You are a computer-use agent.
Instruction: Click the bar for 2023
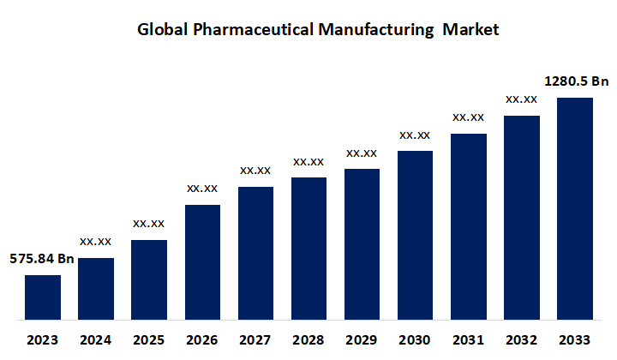coord(43,297)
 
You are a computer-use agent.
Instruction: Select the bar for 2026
coord(202,262)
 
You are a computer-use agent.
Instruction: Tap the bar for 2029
coord(362,244)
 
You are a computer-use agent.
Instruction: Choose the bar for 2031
coord(469,226)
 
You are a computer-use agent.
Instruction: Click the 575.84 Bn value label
coord(42,258)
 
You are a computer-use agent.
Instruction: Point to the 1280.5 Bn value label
coord(577,81)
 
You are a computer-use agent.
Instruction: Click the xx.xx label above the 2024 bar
coord(96,241)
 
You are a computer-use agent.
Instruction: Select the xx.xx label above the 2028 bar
coord(308,161)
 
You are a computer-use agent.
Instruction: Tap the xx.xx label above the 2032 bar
coord(522,99)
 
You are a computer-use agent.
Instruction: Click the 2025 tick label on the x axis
coord(149,339)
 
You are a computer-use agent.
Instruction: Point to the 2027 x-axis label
coord(255,339)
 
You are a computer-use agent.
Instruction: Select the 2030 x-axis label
coord(415,339)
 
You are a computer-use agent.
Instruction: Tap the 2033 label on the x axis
coord(575,339)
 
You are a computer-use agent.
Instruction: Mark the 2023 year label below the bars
coord(43,339)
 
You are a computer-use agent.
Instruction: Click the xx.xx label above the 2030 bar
coord(415,135)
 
